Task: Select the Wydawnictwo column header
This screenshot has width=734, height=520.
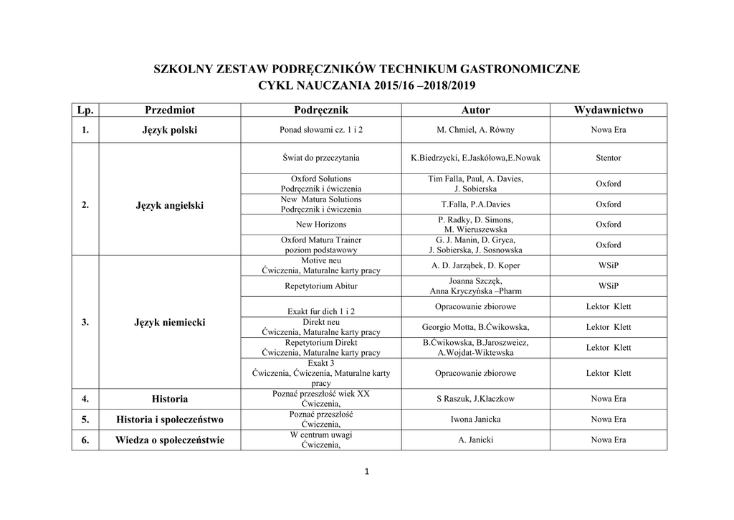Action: [x=609, y=110]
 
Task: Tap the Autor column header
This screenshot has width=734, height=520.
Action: [x=475, y=110]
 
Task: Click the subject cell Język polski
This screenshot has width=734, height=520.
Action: [x=170, y=131]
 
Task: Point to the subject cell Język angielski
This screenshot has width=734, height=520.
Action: [x=170, y=205]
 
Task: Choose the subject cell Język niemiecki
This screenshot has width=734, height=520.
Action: [x=170, y=323]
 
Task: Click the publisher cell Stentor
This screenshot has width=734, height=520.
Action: [x=609, y=158]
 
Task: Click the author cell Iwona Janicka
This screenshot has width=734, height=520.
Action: [x=475, y=420]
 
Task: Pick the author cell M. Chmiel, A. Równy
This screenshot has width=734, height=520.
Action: [x=475, y=131]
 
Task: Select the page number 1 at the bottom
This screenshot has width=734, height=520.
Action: [x=366, y=471]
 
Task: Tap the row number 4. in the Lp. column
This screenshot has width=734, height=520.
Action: [x=85, y=399]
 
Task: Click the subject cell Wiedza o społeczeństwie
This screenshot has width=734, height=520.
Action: [x=170, y=440]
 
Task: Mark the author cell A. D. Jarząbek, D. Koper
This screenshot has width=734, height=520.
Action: [x=475, y=265]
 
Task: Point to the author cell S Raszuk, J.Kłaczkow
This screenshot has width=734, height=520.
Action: [x=475, y=399]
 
